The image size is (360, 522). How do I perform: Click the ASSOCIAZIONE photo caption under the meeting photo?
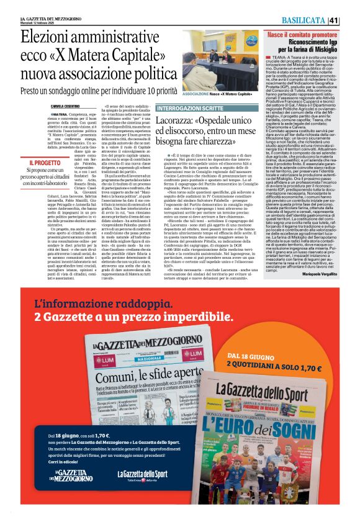pos(208,94)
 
